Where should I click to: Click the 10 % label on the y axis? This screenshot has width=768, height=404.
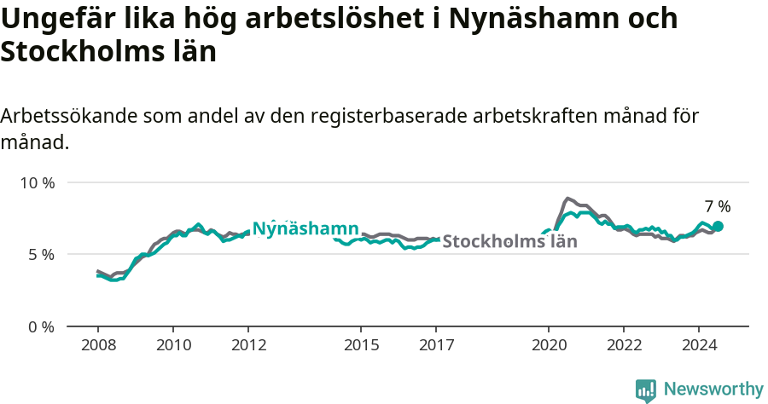click(38, 182)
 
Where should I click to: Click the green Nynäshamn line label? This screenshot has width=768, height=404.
click(305, 228)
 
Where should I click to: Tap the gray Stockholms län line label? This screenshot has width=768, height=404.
click(509, 241)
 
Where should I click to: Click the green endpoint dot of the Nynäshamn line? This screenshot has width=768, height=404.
click(718, 226)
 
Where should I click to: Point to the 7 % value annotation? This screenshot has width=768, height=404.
click(718, 206)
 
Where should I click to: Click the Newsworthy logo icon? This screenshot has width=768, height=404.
click(646, 390)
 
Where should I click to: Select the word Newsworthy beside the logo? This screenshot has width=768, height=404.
click(713, 390)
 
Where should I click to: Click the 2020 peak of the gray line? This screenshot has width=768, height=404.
click(568, 199)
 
